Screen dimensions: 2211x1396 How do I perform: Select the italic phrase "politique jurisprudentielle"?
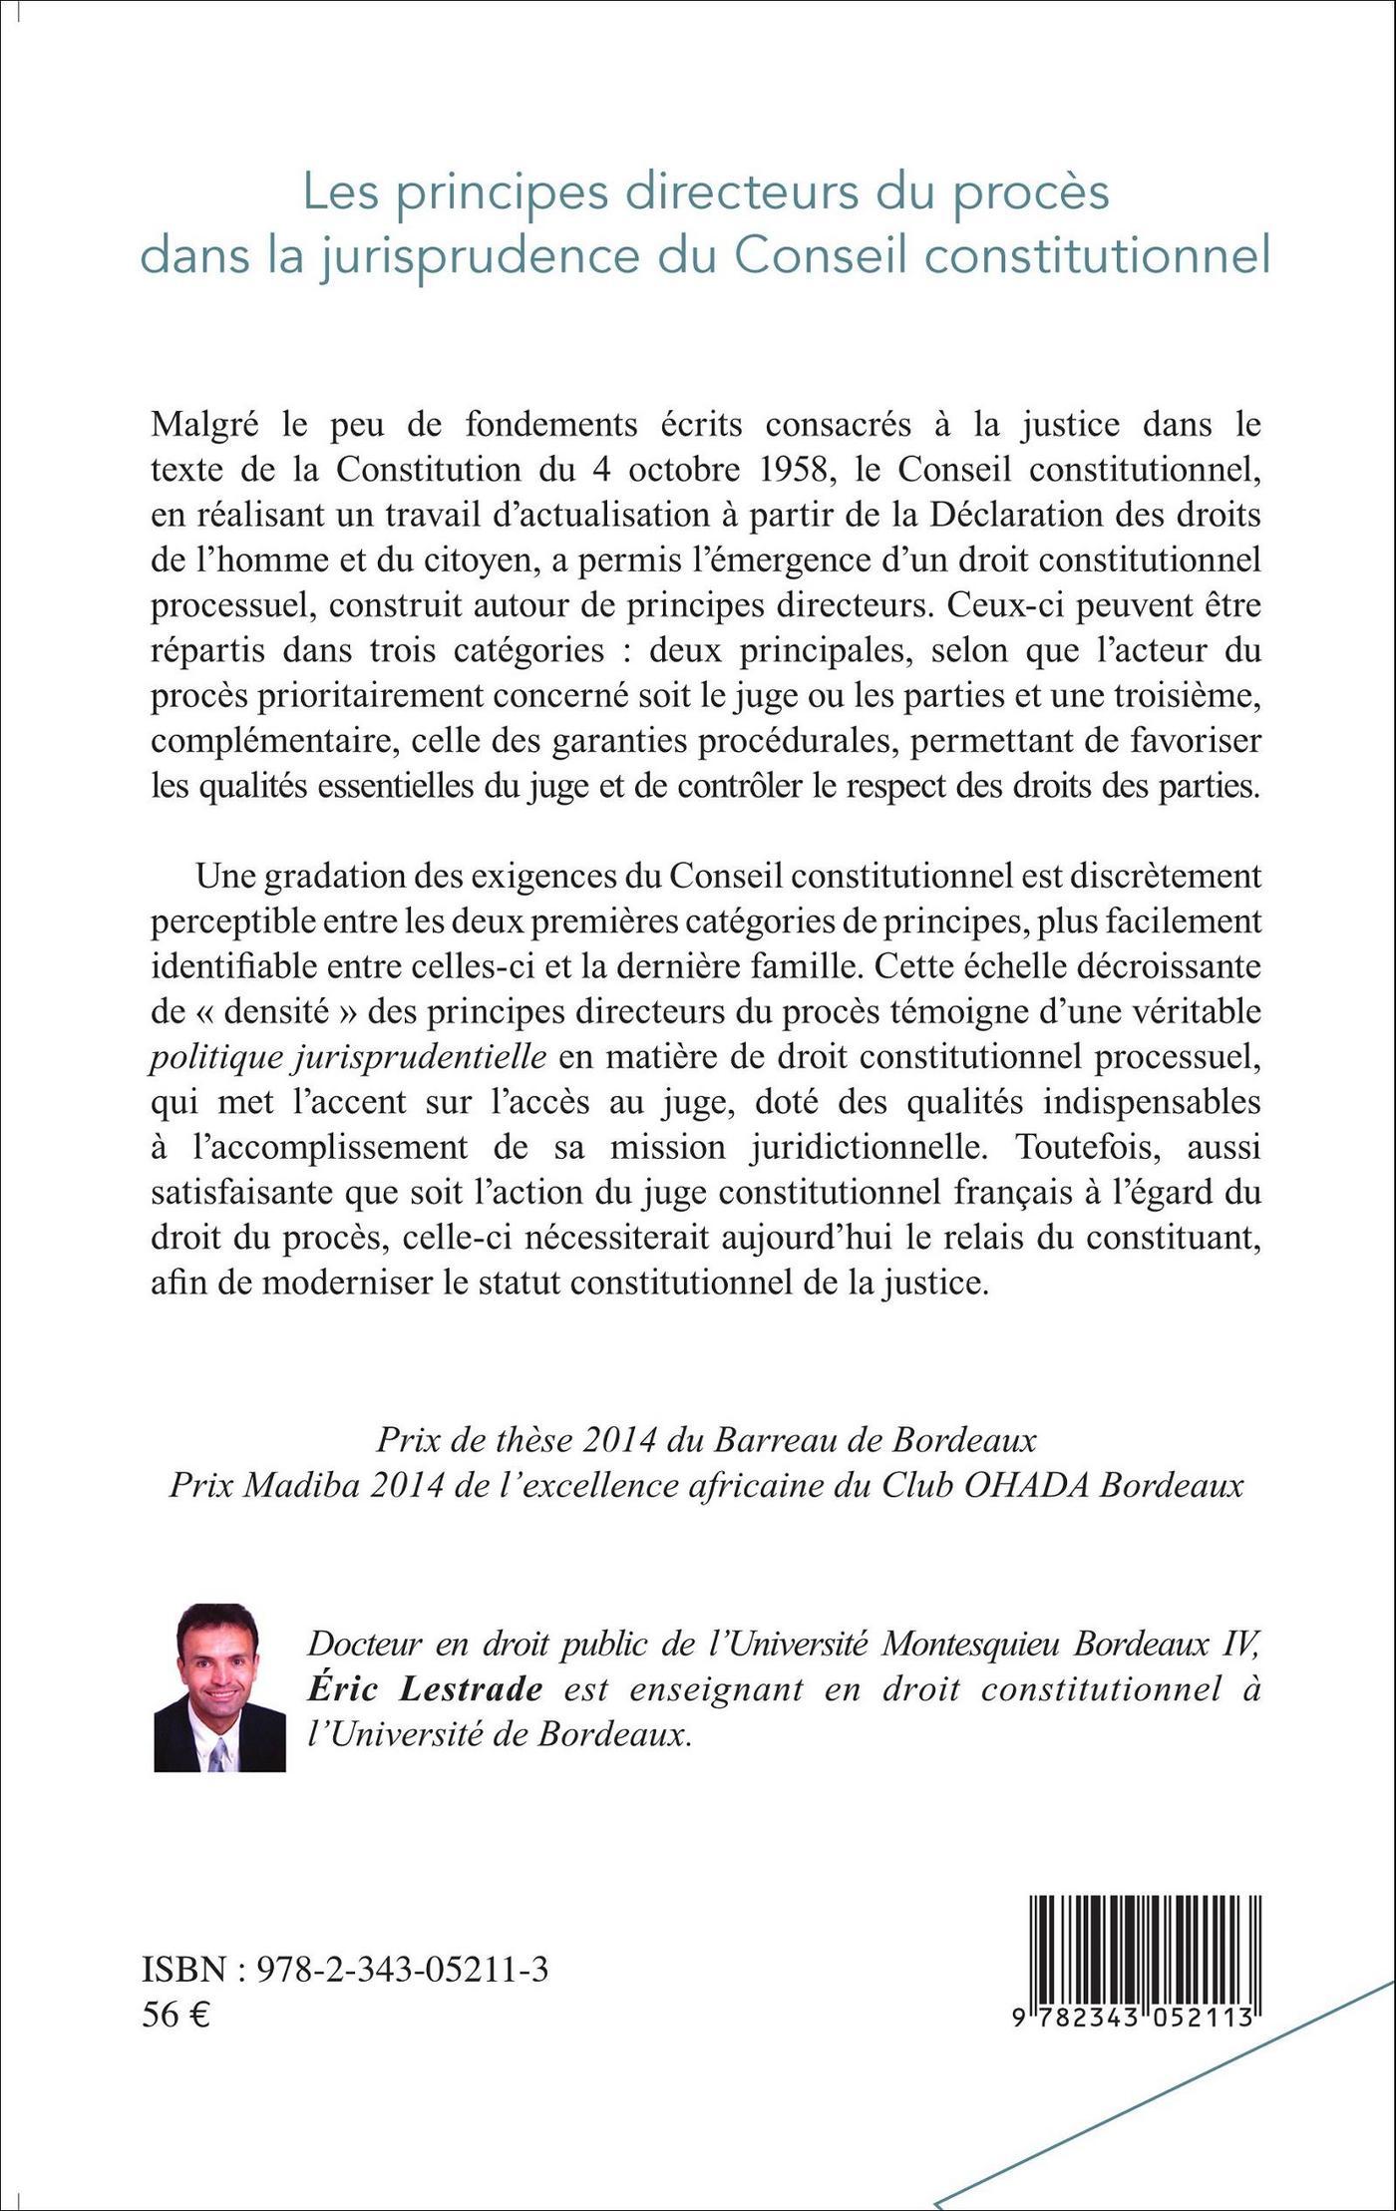[x=348, y=1057]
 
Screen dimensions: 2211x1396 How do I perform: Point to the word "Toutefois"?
[x=1090, y=1147]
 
